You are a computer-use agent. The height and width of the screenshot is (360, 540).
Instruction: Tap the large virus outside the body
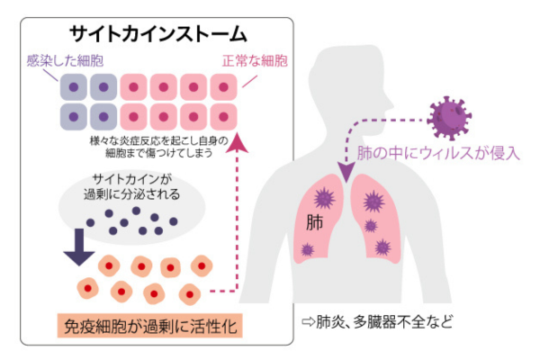[x=449, y=116]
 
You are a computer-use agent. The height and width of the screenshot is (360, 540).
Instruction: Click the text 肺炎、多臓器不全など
[x=378, y=321]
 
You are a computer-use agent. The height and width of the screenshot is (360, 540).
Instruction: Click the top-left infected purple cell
[x=73, y=88]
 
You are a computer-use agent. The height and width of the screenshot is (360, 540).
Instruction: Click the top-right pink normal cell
[x=222, y=88]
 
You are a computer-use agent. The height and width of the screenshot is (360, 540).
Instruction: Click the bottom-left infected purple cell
[x=73, y=117]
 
